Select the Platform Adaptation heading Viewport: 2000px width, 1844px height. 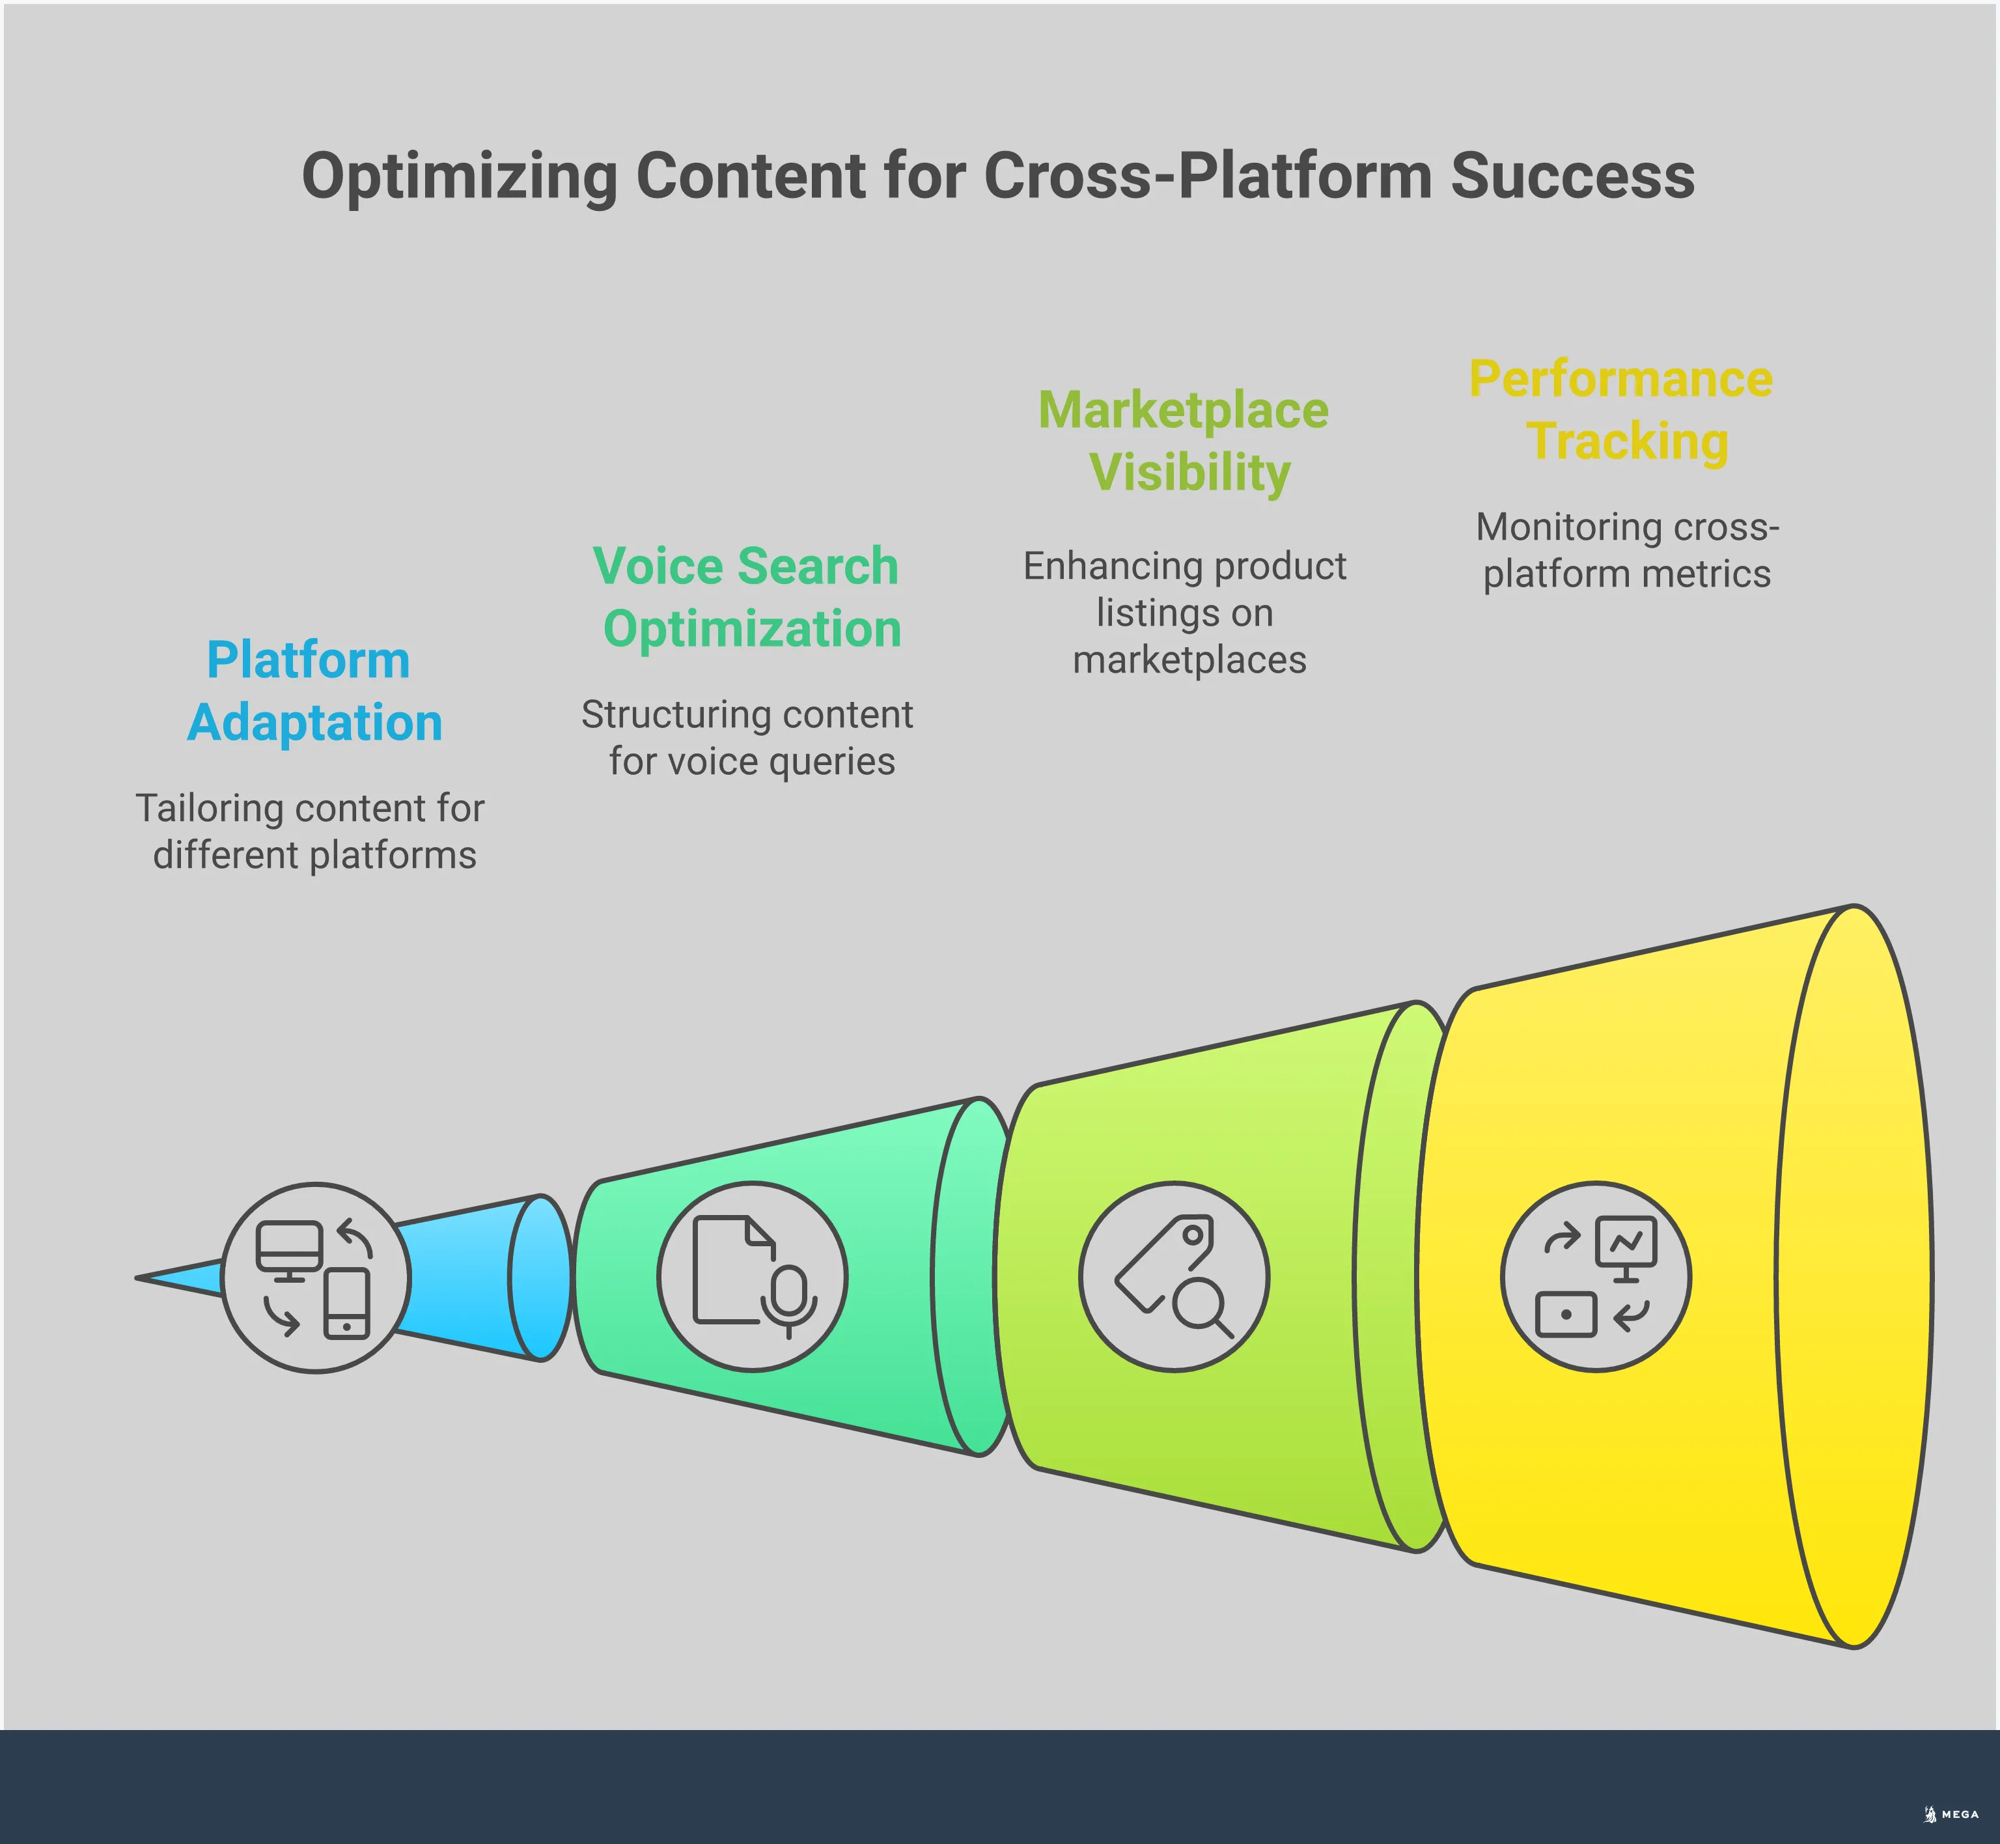click(313, 690)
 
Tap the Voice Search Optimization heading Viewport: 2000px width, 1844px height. click(748, 596)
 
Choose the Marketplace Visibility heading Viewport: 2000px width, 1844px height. click(1185, 441)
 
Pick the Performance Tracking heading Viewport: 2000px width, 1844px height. click(1622, 410)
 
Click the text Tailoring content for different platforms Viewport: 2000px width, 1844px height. click(311, 831)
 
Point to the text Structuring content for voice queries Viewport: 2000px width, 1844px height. click(748, 737)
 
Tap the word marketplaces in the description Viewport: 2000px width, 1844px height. click(1189, 660)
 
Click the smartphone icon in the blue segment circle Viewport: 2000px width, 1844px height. click(347, 1303)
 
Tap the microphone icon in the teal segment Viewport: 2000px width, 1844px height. click(789, 1297)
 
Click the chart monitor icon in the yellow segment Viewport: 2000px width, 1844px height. click(1626, 1246)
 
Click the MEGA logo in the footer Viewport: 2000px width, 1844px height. click(1951, 1814)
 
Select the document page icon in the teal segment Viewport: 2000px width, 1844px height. click(728, 1269)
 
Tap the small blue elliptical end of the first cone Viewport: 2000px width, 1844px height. click(540, 1278)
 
